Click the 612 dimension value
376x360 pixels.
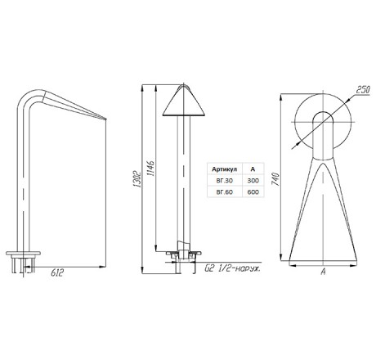pos(57,272)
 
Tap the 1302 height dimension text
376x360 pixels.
pos(138,179)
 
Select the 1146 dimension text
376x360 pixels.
pos(150,169)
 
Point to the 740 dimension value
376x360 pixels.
pos(275,179)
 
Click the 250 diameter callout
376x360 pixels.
pos(363,90)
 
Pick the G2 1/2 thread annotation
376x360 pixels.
pos(232,269)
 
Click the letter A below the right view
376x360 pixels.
pos(323,272)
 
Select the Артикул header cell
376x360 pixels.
pos(225,169)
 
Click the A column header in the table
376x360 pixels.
pos(253,169)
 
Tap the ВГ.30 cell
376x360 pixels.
pos(225,180)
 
